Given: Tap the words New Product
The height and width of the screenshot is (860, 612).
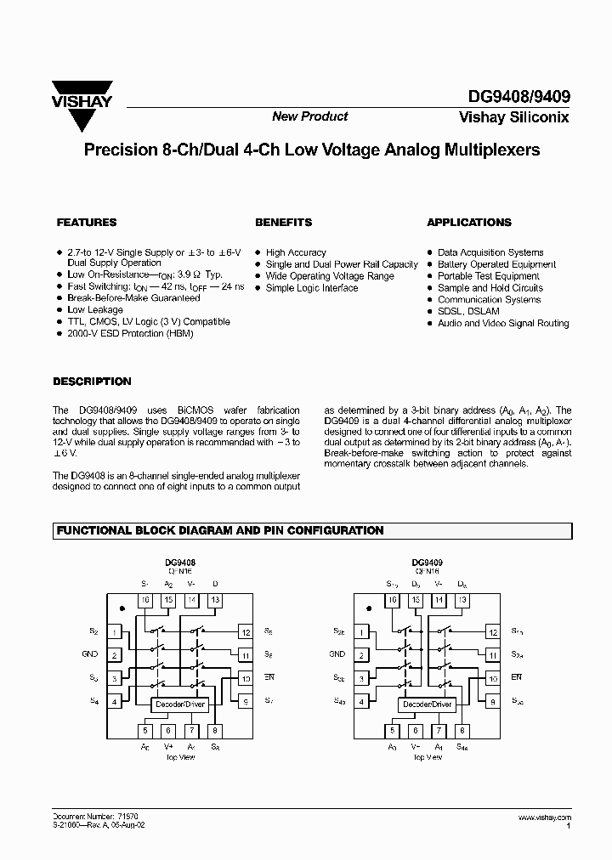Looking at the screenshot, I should (x=309, y=116).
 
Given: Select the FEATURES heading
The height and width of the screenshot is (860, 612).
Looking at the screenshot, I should (x=86, y=223).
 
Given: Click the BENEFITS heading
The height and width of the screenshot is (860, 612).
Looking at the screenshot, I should (x=283, y=223).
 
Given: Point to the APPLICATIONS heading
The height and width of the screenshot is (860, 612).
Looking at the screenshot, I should (x=468, y=223).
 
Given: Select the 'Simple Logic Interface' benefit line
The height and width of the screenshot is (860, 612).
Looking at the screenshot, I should (x=312, y=288).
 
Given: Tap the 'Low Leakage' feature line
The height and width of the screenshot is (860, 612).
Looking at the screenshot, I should (x=94, y=310).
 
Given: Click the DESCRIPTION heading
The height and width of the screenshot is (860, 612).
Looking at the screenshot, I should (x=92, y=382).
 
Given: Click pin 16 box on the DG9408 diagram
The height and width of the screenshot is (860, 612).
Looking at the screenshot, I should (x=145, y=601).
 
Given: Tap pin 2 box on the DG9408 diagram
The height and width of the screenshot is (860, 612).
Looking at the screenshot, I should (x=114, y=655).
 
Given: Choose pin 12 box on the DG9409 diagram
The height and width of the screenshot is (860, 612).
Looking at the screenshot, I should (x=493, y=632).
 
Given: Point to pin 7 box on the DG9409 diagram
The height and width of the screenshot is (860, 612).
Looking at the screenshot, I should (x=439, y=730).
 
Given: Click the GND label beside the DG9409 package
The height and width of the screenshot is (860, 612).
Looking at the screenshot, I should (x=337, y=654).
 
